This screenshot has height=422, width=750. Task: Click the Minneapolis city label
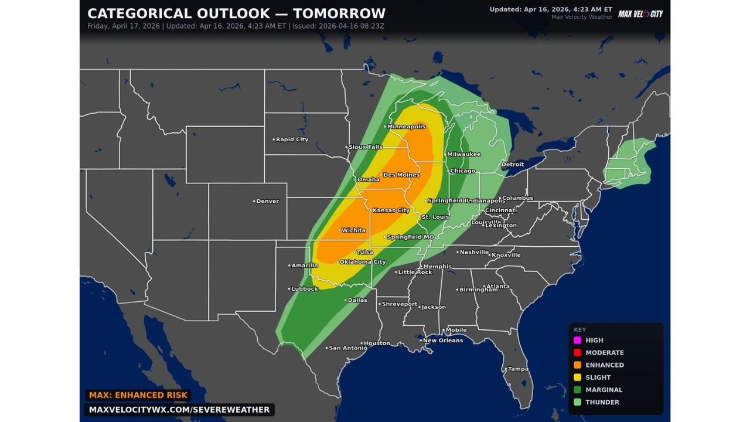tap(406, 127)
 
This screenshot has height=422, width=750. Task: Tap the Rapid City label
tap(292, 139)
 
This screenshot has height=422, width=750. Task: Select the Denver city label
tap(267, 201)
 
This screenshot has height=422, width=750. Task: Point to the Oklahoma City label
tap(362, 262)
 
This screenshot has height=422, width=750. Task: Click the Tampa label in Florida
tap(517, 369)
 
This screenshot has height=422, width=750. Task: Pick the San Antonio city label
tap(347, 348)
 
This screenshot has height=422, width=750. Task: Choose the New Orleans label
tap(442, 341)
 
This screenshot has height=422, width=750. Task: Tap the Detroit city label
tap(512, 165)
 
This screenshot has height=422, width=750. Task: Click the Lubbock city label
tap(304, 289)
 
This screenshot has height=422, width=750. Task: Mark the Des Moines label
tap(401, 175)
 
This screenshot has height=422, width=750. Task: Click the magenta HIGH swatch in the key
tap(577, 341)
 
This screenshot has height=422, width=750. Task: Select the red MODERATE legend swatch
tap(577, 353)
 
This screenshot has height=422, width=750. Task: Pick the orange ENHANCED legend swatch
tap(577, 365)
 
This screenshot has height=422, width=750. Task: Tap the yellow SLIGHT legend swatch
tap(577, 377)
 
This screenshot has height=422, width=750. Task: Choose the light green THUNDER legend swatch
tap(577, 402)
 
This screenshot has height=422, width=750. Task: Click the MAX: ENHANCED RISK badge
tap(138, 396)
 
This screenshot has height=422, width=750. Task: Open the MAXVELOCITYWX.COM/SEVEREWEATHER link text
tap(179, 410)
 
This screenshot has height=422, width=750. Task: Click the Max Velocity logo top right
tap(640, 13)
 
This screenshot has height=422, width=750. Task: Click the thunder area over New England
tap(630, 161)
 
